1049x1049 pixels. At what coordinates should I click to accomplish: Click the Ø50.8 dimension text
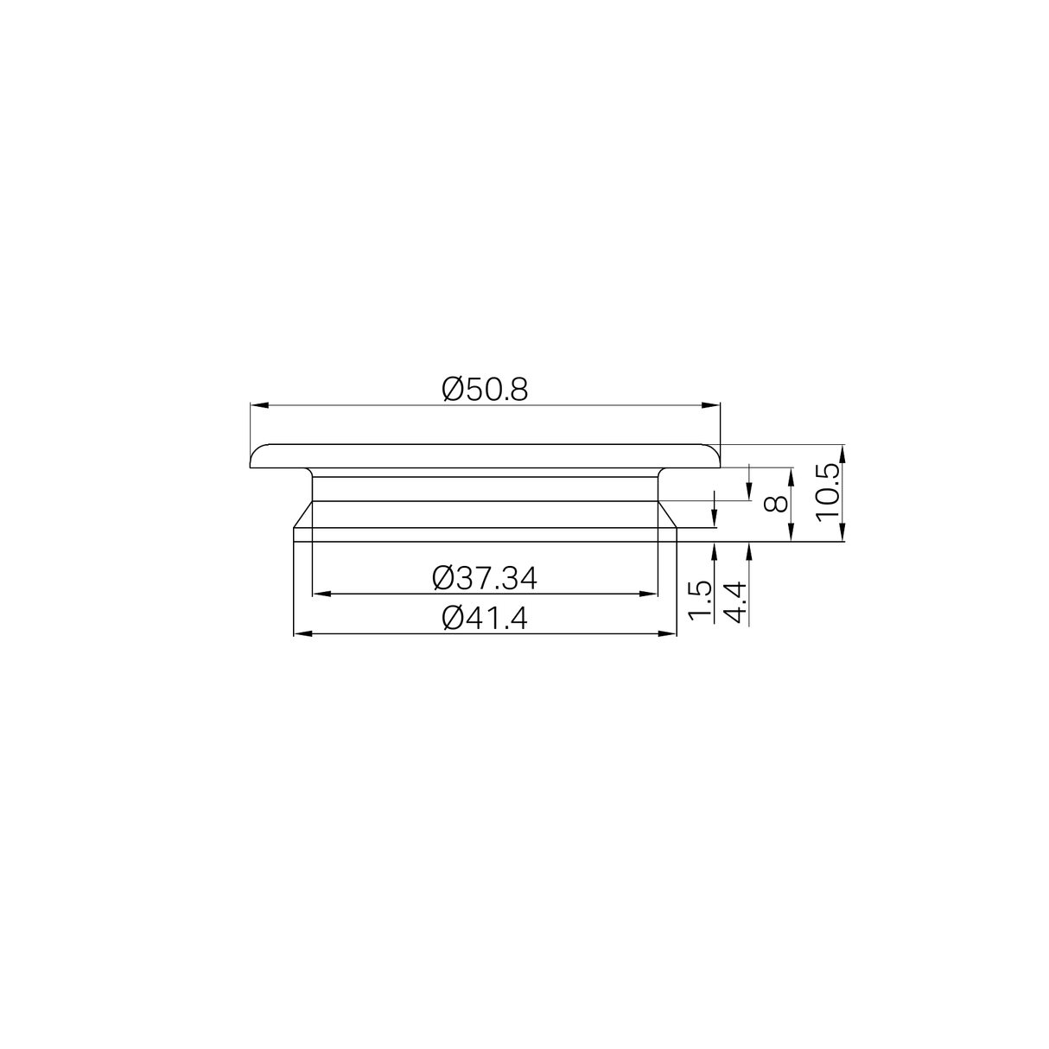pos(485,390)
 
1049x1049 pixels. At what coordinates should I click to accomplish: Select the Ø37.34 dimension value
pos(485,578)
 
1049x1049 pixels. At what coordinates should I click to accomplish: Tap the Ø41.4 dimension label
pos(485,618)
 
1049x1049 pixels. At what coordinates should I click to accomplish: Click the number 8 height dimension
pos(776,503)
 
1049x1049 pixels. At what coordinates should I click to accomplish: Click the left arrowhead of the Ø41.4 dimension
pos(303,634)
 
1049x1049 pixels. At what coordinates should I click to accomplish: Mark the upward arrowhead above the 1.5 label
pos(714,551)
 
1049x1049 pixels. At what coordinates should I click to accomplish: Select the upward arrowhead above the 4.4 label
pos(749,551)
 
